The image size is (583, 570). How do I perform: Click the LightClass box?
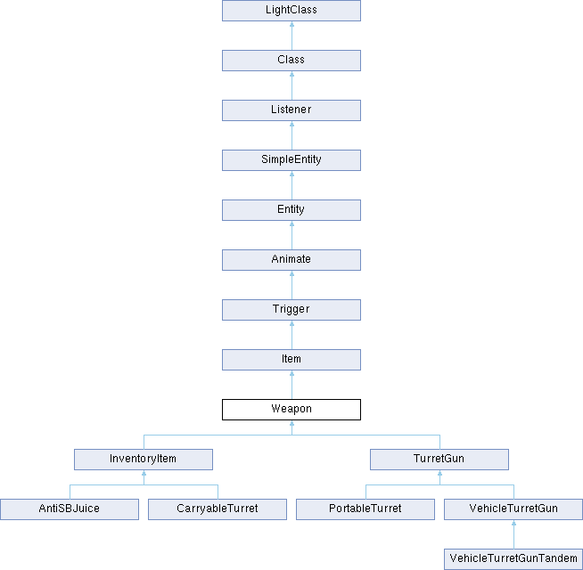pyautogui.click(x=291, y=11)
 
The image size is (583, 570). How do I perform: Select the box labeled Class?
pyautogui.click(x=291, y=61)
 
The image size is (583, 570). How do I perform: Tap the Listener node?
pyautogui.click(x=291, y=110)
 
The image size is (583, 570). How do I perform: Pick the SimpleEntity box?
pyautogui.click(x=291, y=160)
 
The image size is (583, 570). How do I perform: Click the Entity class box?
pyautogui.click(x=291, y=210)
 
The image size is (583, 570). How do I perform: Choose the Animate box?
pyautogui.click(x=291, y=260)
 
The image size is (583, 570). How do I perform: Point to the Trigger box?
pyautogui.click(x=291, y=310)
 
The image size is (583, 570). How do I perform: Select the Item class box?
pyautogui.click(x=291, y=359)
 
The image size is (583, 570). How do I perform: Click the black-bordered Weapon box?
pyautogui.click(x=291, y=410)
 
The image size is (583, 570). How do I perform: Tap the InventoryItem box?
pyautogui.click(x=144, y=460)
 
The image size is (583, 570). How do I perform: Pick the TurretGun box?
pyautogui.click(x=439, y=460)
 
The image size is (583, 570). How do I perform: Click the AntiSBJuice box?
pyautogui.click(x=70, y=509)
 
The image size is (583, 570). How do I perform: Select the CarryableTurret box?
pyautogui.click(x=218, y=509)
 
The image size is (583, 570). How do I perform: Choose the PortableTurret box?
pyautogui.click(x=365, y=509)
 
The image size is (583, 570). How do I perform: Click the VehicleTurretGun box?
pyautogui.click(x=513, y=509)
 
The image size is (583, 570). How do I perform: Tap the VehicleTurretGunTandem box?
pyautogui.click(x=513, y=558)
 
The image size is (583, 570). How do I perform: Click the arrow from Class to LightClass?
pyautogui.click(x=291, y=36)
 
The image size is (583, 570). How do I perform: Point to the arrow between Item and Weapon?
pyautogui.click(x=291, y=385)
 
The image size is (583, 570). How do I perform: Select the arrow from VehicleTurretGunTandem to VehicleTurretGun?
pyautogui.click(x=513, y=534)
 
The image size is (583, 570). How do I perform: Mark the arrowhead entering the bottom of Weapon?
pyautogui.click(x=291, y=423)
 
